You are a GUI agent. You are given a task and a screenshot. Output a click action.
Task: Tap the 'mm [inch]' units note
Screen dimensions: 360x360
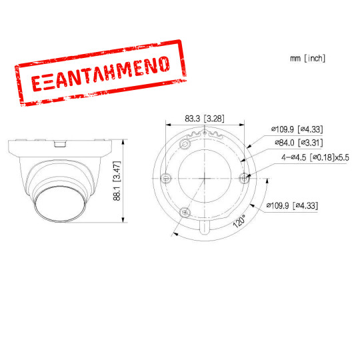click(307, 59)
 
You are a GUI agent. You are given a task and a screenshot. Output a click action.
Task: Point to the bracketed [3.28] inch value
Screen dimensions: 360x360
click(215, 119)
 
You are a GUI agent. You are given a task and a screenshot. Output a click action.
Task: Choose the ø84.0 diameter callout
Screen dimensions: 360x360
click(281, 142)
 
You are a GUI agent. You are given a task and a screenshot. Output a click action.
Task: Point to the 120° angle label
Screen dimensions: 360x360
click(238, 221)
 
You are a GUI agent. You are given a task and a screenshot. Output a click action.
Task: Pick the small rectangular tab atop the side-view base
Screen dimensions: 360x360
click(59, 142)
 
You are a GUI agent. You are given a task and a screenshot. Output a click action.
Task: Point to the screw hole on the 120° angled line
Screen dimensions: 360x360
click(185, 211)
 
